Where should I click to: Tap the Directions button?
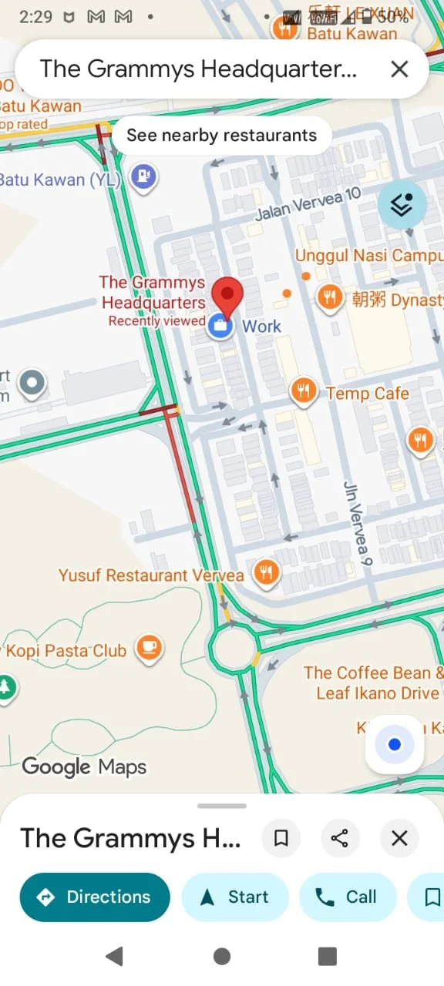coord(94,897)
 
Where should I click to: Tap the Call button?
coord(347,897)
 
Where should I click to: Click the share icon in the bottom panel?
coord(339,838)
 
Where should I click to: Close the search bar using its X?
coord(399,69)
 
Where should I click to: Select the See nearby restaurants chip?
coord(221,136)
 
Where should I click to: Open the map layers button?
coord(402,205)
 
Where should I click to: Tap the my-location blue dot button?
coord(395,744)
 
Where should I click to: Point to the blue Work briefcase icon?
coord(220,326)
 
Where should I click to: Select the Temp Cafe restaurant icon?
coord(304,391)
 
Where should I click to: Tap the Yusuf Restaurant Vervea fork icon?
coord(266,572)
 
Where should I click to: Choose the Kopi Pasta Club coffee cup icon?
coord(150,649)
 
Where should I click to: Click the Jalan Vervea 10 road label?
coord(308,204)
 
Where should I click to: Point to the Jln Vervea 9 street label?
coord(358,524)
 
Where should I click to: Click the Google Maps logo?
coord(84,766)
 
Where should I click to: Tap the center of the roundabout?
coord(234,649)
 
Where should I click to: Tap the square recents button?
coord(328,956)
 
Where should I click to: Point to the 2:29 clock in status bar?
coord(35,16)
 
